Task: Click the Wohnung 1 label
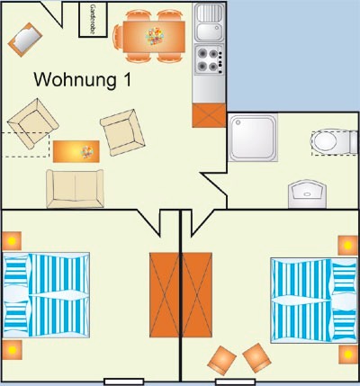[x=83, y=80]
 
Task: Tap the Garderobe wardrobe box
[x=93, y=20]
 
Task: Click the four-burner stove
[x=210, y=59]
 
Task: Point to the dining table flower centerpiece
[x=155, y=36]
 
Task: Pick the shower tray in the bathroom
[x=253, y=138]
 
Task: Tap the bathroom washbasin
[x=307, y=193]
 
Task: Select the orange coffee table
[x=76, y=151]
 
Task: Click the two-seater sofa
[x=75, y=189]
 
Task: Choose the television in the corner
[x=25, y=40]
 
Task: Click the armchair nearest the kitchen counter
[x=122, y=132]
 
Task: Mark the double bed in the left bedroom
[x=46, y=295]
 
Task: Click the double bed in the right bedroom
[x=314, y=300]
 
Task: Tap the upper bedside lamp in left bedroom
[x=12, y=241]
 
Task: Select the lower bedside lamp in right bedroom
[x=348, y=355]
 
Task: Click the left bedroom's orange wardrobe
[x=165, y=295]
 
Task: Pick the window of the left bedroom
[x=124, y=382]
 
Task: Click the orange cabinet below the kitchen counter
[x=209, y=115]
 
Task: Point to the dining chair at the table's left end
[x=118, y=37]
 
